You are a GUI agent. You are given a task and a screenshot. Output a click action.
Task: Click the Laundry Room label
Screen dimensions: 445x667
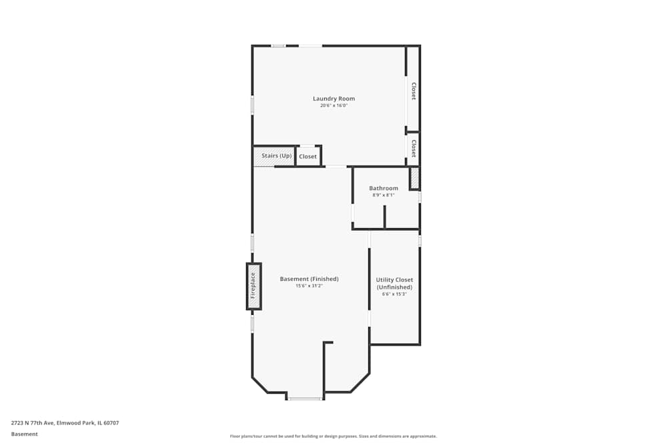tap(333, 99)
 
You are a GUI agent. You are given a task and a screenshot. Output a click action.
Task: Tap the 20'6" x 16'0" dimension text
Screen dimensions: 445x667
tap(333, 105)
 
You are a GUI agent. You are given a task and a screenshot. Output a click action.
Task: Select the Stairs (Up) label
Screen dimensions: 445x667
tap(276, 155)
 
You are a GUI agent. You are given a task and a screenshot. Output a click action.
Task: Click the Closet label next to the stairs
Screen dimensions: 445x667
tap(307, 157)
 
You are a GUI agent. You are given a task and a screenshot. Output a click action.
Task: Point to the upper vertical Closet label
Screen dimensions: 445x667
tap(414, 91)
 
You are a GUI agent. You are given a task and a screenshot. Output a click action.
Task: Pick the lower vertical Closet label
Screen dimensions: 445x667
tap(414, 148)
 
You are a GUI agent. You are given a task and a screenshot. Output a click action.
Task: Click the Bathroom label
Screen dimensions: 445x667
tap(384, 188)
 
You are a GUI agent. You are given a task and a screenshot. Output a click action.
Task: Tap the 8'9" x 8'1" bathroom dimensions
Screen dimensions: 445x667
tap(384, 195)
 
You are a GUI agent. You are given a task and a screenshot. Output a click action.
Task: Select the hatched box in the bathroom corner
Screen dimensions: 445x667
tap(414, 178)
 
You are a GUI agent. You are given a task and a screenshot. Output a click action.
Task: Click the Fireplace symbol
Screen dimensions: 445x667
tap(253, 286)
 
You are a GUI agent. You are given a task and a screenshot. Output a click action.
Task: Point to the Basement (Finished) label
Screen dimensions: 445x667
tap(309, 279)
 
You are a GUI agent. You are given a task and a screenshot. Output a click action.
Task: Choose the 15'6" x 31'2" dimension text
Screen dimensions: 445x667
tap(309, 286)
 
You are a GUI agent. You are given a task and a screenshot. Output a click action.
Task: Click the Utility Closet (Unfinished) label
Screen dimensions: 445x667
tap(394, 284)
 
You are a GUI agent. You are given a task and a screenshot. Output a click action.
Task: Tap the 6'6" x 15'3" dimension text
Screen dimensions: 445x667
tap(394, 294)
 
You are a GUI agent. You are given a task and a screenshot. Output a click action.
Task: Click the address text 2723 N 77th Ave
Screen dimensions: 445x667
tap(65, 422)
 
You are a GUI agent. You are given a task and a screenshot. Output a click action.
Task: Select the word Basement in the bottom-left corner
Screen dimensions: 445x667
tap(24, 434)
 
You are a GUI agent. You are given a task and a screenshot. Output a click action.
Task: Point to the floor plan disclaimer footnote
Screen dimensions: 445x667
tap(333, 436)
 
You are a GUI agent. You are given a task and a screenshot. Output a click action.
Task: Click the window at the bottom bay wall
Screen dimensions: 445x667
tap(305, 399)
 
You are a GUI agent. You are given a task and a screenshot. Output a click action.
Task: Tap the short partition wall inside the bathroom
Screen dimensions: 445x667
tap(384, 217)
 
